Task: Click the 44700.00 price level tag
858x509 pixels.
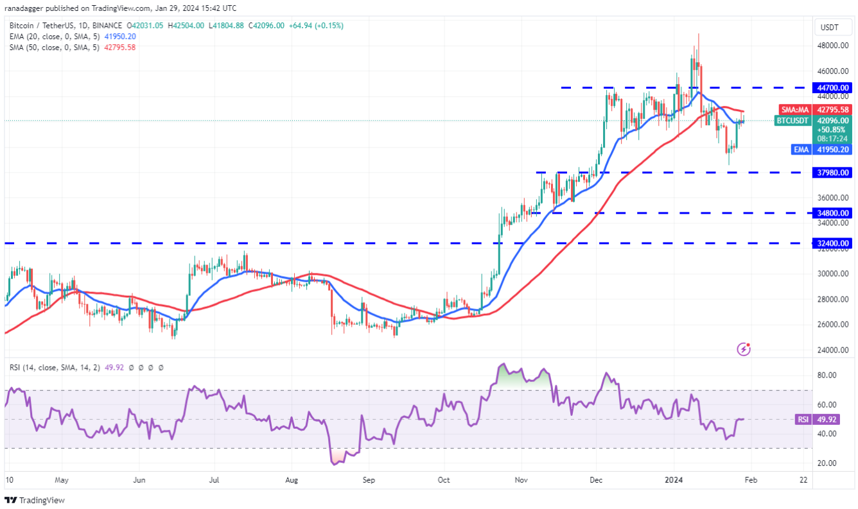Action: pyautogui.click(x=833, y=87)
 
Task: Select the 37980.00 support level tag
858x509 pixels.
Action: pyautogui.click(x=833, y=172)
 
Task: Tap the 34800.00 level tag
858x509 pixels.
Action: pyautogui.click(x=833, y=212)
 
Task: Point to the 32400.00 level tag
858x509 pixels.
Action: pyautogui.click(x=833, y=243)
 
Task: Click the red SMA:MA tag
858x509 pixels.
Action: pyautogui.click(x=794, y=110)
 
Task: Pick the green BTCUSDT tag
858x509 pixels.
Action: pyautogui.click(x=792, y=120)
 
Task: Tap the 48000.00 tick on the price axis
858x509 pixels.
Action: pyautogui.click(x=833, y=46)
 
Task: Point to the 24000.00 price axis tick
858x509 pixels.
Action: pyautogui.click(x=833, y=350)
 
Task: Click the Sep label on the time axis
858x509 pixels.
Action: pyautogui.click(x=368, y=479)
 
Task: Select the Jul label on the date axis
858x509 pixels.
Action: pyautogui.click(x=214, y=479)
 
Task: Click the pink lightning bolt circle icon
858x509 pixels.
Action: pyautogui.click(x=744, y=349)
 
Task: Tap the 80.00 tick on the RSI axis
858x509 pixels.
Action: pyautogui.click(x=827, y=375)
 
